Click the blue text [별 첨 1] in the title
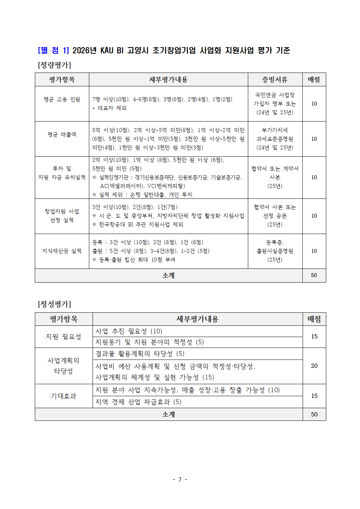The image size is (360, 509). tap(53, 50)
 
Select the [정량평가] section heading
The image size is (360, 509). tap(54, 65)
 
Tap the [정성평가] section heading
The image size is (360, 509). tap(54, 304)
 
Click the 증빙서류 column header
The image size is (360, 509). tap(275, 79)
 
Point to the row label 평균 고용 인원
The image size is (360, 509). tap(62, 99)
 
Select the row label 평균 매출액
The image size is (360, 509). tap(62, 135)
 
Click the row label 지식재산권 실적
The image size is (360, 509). tap(62, 251)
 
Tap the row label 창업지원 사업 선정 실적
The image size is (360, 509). tap(62, 216)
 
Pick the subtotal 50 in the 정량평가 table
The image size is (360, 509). tap(314, 275)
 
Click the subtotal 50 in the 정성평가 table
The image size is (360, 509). tap(314, 414)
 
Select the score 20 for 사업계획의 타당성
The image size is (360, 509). tap(314, 366)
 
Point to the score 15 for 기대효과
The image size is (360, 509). tap(314, 396)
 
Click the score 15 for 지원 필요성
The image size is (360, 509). tap(314, 336)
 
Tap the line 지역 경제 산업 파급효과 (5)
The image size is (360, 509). tap(138, 402)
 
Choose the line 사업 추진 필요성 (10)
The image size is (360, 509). tap(129, 331)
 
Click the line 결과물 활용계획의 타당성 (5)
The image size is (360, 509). tap(140, 354)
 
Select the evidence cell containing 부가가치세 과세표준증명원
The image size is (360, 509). tap(275, 139)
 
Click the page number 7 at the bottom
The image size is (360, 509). tap(180, 480)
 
